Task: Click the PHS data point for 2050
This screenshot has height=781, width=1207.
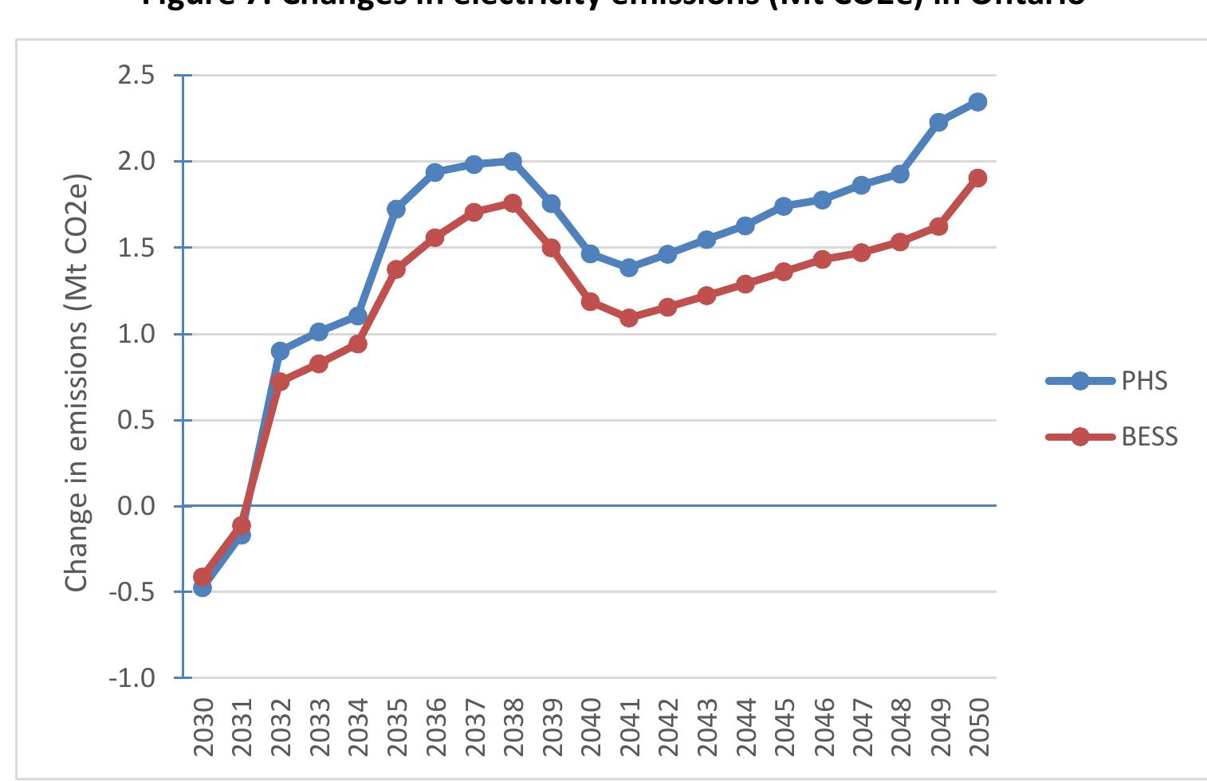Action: point(977,102)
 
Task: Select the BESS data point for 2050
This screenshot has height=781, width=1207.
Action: point(977,178)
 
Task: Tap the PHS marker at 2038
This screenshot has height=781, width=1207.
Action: point(513,161)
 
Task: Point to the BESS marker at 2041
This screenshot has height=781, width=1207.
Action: point(629,318)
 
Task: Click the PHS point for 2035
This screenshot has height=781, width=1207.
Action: point(396,209)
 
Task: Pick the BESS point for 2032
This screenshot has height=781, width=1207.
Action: point(280,382)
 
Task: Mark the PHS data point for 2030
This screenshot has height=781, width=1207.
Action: point(202,587)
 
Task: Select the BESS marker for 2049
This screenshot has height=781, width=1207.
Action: point(938,226)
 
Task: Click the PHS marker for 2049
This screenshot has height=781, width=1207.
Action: point(938,122)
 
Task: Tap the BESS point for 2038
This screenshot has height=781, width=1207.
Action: point(513,203)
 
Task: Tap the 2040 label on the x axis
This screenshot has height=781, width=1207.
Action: point(591,727)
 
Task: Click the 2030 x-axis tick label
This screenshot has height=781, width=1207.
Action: point(203,727)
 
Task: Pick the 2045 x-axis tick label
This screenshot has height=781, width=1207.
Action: point(784,727)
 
